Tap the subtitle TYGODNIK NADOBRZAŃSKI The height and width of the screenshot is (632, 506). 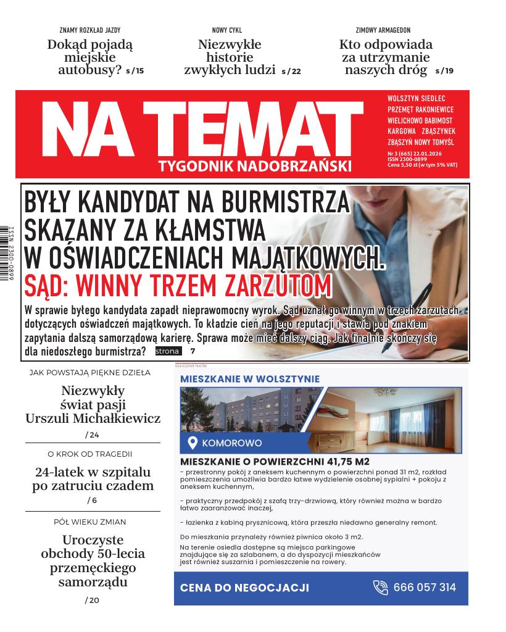coord(254,166)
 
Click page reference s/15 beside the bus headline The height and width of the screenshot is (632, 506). coord(135,71)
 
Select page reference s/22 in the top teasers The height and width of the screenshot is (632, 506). coord(291,71)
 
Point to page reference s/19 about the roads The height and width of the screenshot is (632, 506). coord(444,71)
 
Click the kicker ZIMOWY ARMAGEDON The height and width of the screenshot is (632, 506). coord(383,30)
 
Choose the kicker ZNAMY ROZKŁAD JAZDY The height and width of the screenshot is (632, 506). coord(89,30)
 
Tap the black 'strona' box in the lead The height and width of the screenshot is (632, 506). coord(167,351)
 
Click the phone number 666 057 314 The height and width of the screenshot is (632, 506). coord(425,588)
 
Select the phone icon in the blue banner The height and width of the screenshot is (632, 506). coord(381,588)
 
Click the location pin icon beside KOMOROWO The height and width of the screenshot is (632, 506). coord(192,443)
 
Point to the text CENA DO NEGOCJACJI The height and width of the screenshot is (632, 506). coord(244,588)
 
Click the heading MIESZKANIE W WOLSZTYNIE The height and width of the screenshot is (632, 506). coord(249,379)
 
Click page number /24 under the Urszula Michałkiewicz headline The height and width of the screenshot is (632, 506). coord(93,435)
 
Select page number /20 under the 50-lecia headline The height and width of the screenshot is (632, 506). coord(93,600)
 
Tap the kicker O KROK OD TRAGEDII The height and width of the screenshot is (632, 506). coord(90,454)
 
